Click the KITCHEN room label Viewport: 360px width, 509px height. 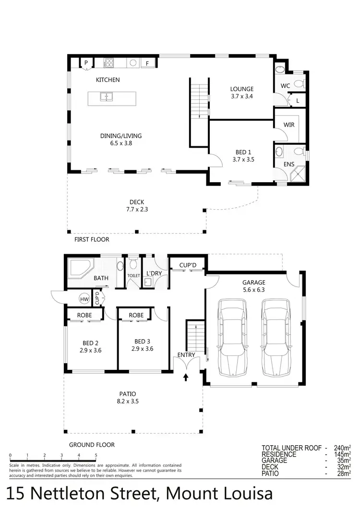[x=108, y=80]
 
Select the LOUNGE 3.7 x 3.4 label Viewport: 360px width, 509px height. [x=241, y=92]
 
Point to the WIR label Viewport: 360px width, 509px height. [x=289, y=125]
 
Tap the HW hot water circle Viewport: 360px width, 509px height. [x=84, y=299]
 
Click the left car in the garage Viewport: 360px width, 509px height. [x=232, y=338]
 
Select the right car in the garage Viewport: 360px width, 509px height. [x=276, y=338]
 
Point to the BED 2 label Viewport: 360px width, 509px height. [x=91, y=343]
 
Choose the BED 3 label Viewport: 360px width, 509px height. [x=142, y=342]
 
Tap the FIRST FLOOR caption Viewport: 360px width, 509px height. [x=92, y=239]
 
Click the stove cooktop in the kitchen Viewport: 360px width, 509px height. [x=109, y=63]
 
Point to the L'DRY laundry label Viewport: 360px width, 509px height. [x=154, y=273]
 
